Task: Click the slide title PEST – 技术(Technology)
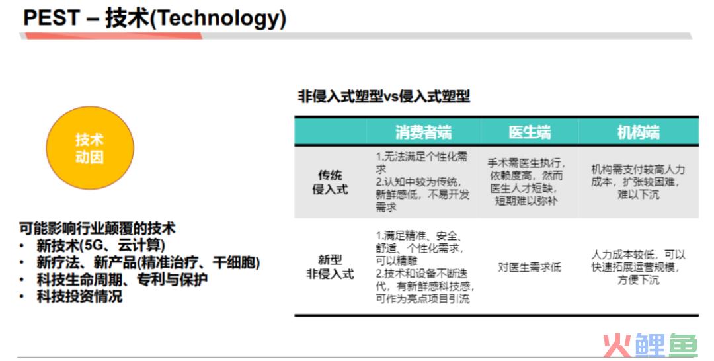154,19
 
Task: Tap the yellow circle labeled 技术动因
90,148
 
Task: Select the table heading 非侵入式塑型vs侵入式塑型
384,97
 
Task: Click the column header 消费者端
423,132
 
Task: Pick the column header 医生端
530,132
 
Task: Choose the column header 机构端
639,132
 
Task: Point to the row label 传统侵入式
330,182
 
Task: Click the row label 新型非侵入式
330,267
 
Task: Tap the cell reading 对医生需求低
529,267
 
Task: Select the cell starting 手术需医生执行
526,182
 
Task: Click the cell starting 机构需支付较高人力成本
638,182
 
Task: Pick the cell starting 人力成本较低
638,267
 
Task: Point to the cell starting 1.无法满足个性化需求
422,182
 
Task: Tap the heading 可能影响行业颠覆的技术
97,228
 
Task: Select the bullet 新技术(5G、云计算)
100,245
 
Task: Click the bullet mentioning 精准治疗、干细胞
148,262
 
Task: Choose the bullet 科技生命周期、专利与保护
122,280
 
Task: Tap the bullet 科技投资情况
79,297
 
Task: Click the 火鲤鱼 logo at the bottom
651,345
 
